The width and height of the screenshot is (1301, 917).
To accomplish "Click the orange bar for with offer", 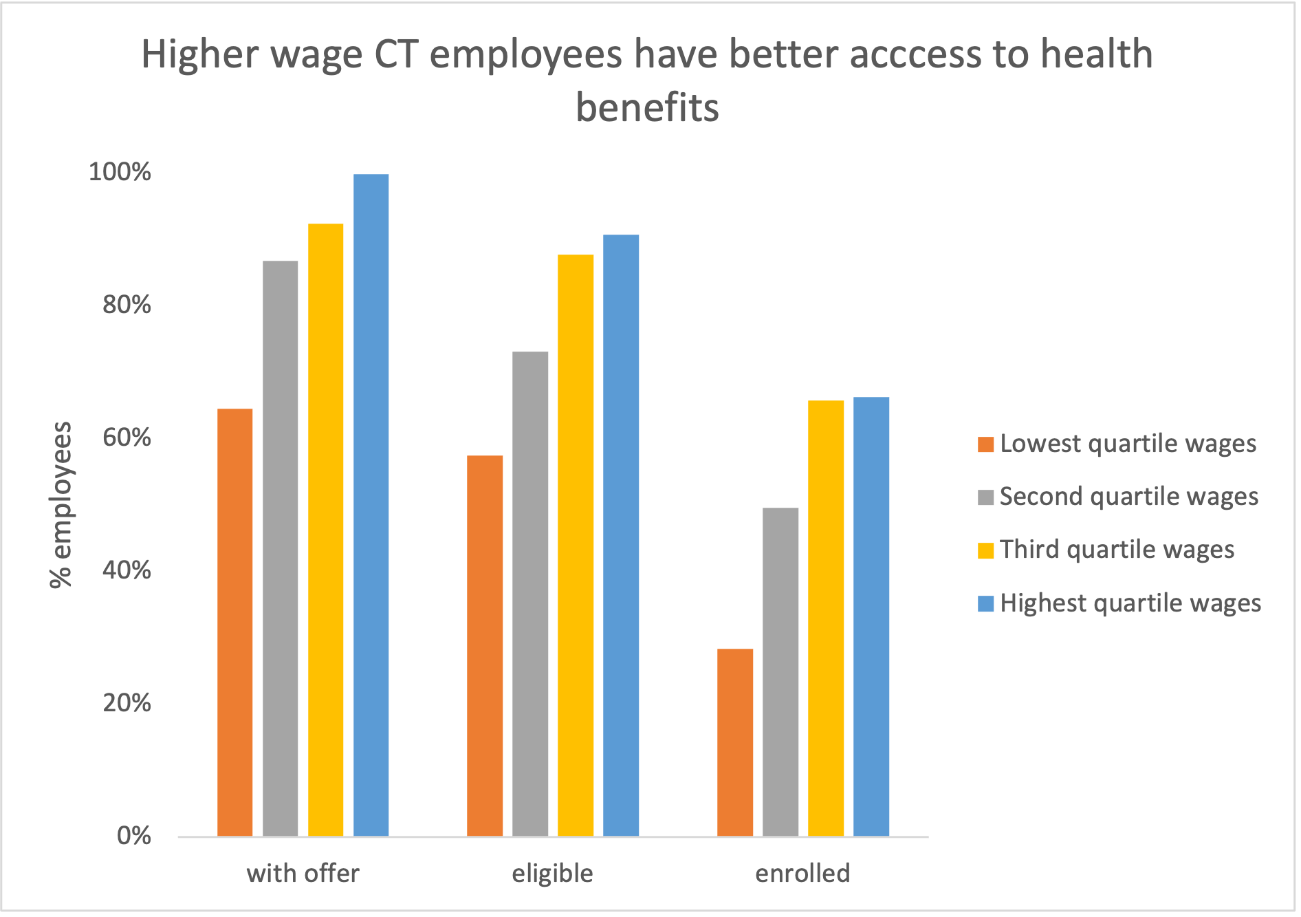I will [234, 622].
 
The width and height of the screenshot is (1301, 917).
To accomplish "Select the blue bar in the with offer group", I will [371, 505].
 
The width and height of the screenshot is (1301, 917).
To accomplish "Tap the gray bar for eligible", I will [530, 594].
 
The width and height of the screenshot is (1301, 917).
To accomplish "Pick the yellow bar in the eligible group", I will [576, 545].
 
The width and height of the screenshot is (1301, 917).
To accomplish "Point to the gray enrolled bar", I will [780, 671].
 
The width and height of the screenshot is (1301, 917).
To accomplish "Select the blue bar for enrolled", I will [871, 616].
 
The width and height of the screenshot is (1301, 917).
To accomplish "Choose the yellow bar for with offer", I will [325, 530].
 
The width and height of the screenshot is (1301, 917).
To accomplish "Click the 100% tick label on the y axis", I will [120, 172].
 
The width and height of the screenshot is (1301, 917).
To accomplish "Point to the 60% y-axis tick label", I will [127, 438].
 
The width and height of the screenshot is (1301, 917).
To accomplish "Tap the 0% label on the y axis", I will [133, 836].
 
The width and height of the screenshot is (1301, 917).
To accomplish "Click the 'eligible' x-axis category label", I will [552, 874].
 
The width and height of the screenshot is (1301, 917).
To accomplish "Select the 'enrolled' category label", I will [802, 874].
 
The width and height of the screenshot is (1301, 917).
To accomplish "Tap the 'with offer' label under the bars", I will [303, 874].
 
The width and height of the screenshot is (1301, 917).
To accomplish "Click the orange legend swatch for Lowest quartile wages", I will [985, 444].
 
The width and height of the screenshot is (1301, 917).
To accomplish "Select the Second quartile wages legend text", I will [1128, 497].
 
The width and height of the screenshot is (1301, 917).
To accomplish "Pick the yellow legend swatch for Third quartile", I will [985, 550].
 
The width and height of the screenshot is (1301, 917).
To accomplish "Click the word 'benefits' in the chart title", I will [647, 108].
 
